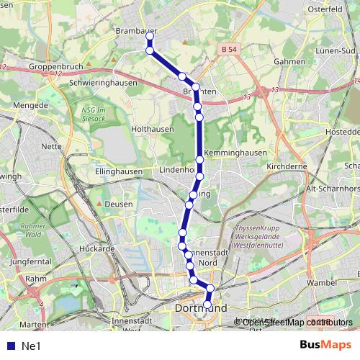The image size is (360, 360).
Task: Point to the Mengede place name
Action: click(30, 105)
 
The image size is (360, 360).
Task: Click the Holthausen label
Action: click(152, 129)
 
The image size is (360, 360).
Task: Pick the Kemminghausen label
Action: click(235, 153)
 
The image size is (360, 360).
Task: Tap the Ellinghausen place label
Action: click(118, 172)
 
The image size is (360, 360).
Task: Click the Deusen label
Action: click(119, 204)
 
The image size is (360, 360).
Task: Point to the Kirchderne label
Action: click(287, 166)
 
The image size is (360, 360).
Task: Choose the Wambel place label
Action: click(320, 283)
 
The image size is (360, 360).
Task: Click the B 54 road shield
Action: click(228, 48)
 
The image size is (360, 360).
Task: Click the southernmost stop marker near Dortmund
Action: click(207, 305)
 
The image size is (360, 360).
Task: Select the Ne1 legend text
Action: click(31, 346)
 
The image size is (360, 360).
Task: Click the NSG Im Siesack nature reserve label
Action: click(93, 114)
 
